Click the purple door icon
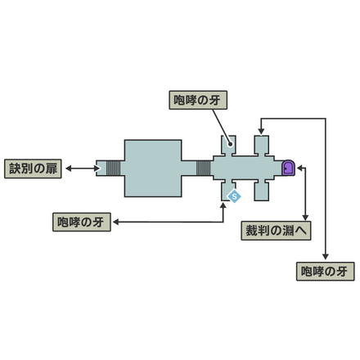coord(287,168)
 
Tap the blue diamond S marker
coord(233,196)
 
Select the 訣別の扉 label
coord(32,168)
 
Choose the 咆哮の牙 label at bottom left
coord(81,222)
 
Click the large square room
coord(152,168)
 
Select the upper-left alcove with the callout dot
coord(228,144)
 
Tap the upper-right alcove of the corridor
coord(262,146)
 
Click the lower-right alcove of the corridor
coord(262,191)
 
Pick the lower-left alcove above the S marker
coord(228,187)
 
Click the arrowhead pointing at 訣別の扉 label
coord(70,168)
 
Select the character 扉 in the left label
coord(52,168)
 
